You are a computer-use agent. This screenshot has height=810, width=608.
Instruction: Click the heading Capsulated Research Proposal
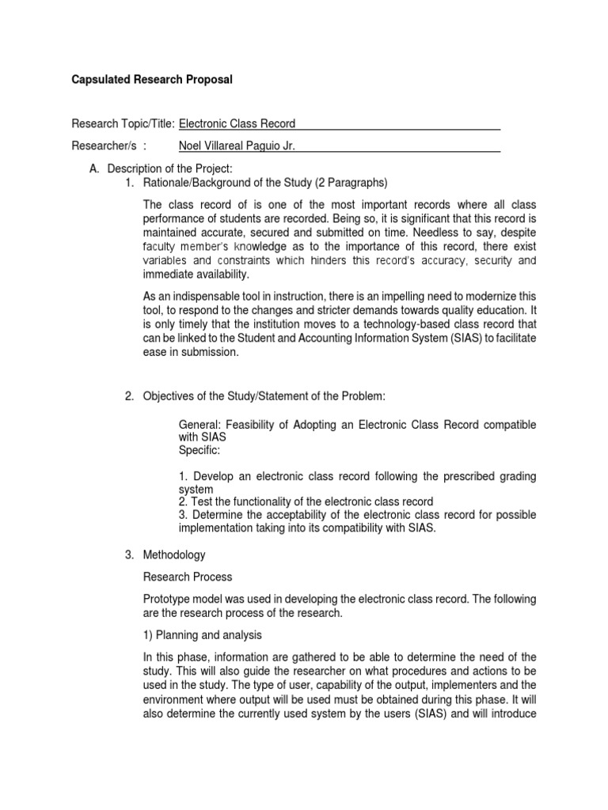pyautogui.click(x=152, y=80)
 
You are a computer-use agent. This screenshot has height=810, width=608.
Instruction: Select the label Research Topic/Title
pyautogui.click(x=123, y=123)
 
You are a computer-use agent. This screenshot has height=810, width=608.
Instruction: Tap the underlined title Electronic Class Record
pyautogui.click(x=237, y=123)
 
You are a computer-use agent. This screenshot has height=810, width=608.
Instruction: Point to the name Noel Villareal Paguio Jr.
pyautogui.click(x=237, y=146)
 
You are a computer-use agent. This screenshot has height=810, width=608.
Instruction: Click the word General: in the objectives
pyautogui.click(x=201, y=425)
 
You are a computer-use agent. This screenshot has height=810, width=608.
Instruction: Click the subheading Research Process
pyautogui.click(x=188, y=577)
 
